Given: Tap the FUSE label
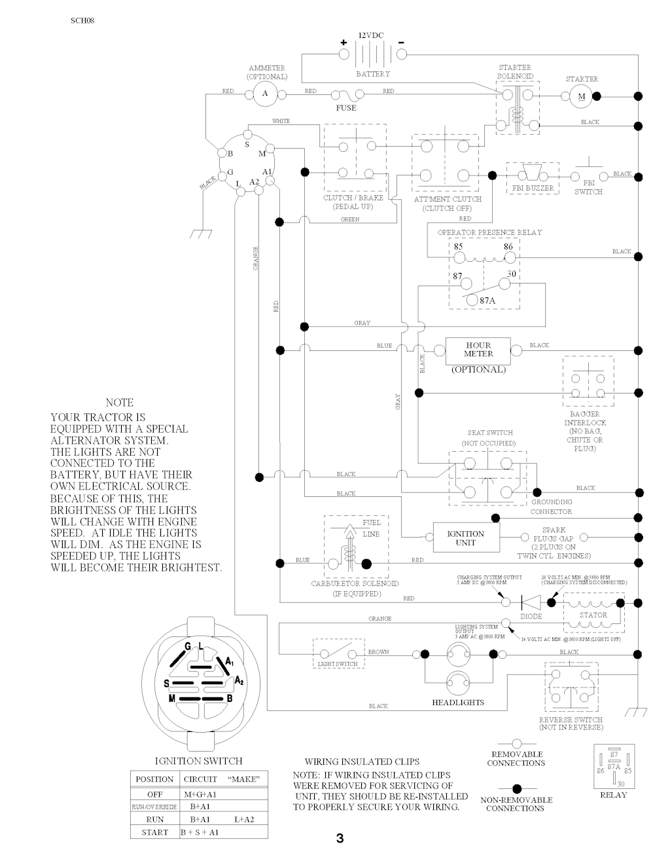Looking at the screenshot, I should coord(345,108).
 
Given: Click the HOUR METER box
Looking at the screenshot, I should coord(478,350).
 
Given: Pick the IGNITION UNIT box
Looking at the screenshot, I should coord(466,538).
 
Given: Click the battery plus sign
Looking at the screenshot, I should coord(343,43).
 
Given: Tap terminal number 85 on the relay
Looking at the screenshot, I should coord(458,247).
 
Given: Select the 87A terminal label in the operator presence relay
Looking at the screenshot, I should coord(487,300).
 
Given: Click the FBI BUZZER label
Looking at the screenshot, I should coord(532,189).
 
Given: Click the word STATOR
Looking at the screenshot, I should coord(593,615).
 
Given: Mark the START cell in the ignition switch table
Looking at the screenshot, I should coord(154,832).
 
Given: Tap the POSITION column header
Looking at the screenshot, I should coord(154,779).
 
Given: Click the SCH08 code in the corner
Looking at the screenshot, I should coord(82,20).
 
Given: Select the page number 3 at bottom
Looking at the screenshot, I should coord(340,839).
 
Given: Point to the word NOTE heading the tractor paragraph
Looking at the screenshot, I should coord(119,403).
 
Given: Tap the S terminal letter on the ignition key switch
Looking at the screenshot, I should coord(247,144).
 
